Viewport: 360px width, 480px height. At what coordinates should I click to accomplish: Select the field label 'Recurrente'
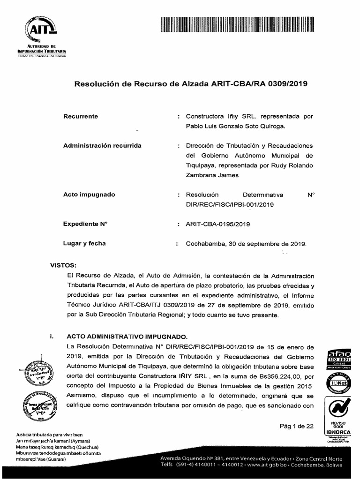coord(81,116)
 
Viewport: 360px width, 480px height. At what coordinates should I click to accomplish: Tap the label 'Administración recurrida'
coord(102,146)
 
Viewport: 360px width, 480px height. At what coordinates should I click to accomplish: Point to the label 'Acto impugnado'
coord(89,194)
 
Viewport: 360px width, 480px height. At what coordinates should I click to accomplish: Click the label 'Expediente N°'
coord(85,224)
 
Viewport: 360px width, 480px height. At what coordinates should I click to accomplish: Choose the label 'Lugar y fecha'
coord(84,243)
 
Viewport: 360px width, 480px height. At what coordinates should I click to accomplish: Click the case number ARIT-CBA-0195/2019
coord(218,224)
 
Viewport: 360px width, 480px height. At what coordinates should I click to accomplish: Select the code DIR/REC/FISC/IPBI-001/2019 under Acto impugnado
coord(229,204)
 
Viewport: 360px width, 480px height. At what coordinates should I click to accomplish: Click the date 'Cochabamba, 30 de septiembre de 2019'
coord(246,244)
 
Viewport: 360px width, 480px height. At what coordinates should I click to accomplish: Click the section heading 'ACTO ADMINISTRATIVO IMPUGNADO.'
coord(127,337)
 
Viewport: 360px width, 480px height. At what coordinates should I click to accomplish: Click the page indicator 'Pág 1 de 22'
coord(296,426)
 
